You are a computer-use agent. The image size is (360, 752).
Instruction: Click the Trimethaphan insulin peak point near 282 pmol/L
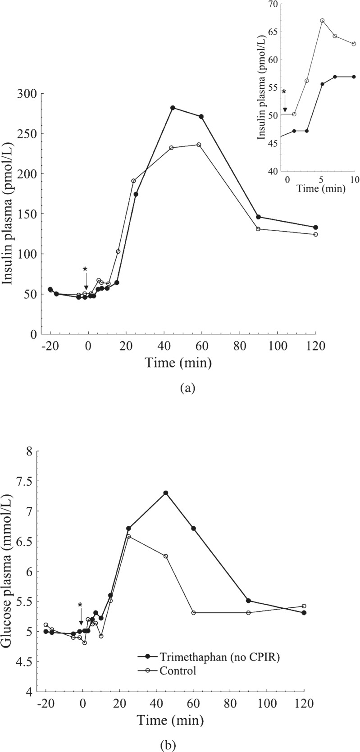point(173,108)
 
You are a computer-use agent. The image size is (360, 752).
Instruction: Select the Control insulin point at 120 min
point(315,234)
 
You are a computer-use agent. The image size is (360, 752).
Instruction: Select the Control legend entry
point(178,670)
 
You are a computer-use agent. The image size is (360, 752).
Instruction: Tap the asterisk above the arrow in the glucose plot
point(80,593)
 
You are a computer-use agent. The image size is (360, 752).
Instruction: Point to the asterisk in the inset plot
point(284,92)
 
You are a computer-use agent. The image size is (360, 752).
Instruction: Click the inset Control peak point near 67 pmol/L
point(322,21)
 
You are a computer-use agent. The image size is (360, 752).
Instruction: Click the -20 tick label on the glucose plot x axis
point(44,714)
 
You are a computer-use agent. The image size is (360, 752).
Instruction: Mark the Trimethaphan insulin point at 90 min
point(258,217)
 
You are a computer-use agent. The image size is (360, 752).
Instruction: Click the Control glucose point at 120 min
point(304,606)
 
